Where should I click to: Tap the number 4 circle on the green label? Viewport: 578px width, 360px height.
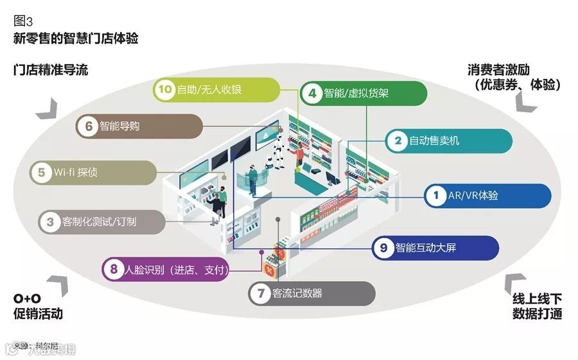coord(313,92)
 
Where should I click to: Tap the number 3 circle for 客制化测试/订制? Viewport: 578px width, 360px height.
coord(49,222)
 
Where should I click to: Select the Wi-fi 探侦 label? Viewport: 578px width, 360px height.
coord(92,172)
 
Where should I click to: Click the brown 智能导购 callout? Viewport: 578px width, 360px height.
coord(138,126)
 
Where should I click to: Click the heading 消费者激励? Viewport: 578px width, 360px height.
coord(507,69)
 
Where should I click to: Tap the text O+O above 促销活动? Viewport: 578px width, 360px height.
coord(27,299)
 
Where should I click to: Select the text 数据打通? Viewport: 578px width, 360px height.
coord(538,314)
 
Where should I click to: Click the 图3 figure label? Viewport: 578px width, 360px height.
coord(23,20)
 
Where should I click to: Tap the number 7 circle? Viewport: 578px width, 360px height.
coord(260,294)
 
